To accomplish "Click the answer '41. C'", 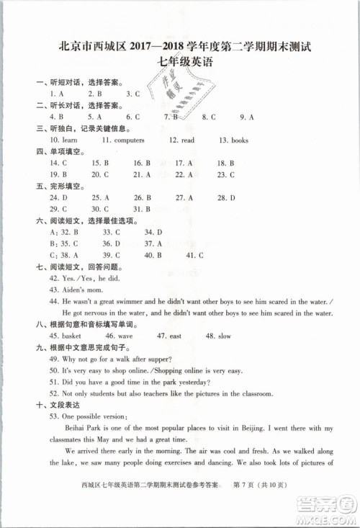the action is tap(195, 255).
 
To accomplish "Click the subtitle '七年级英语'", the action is tap(179, 62).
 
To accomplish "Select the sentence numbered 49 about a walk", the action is tap(120, 359).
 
